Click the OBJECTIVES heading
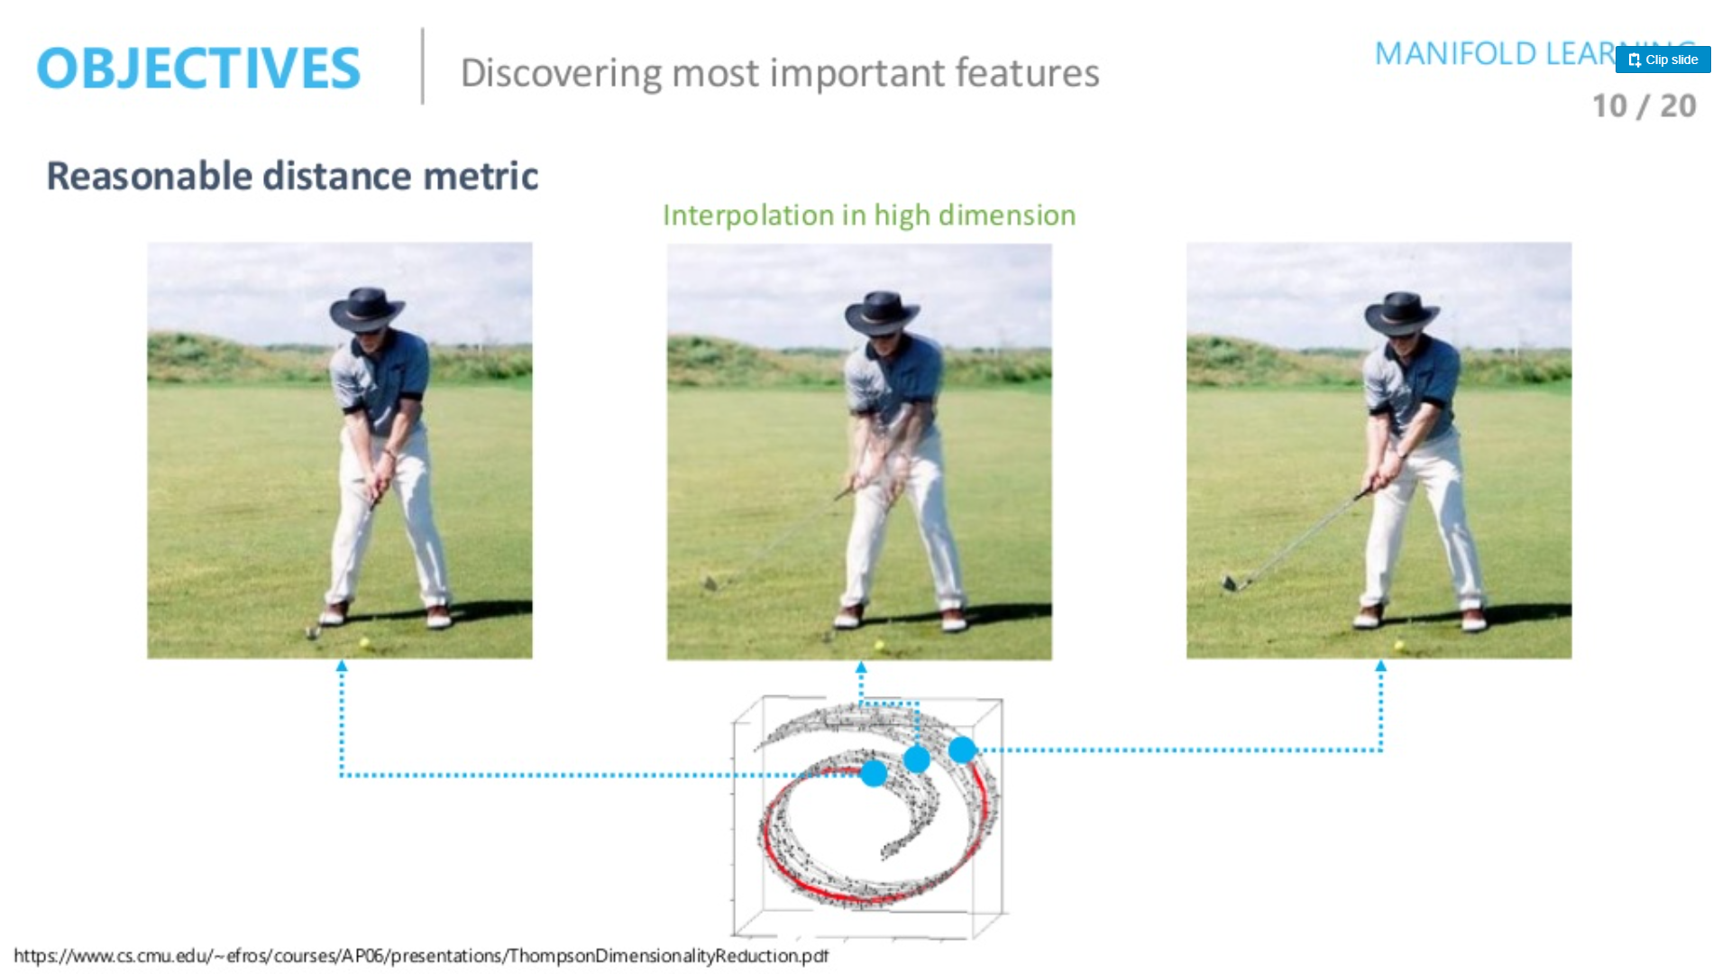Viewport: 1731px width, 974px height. [198, 69]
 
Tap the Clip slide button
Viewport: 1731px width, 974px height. [1662, 60]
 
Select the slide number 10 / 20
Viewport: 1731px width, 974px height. [1644, 106]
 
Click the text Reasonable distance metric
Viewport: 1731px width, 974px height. [292, 176]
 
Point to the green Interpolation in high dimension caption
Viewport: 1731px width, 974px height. [869, 216]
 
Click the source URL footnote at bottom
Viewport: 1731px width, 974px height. [421, 956]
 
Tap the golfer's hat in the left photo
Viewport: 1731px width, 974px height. [366, 308]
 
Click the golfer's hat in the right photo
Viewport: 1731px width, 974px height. [1401, 312]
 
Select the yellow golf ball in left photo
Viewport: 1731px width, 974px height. [365, 643]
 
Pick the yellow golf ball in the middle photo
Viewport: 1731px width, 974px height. [880, 646]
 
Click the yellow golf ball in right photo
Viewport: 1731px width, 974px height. [1399, 646]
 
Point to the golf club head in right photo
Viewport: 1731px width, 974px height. [1230, 583]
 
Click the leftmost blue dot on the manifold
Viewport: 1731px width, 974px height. [874, 773]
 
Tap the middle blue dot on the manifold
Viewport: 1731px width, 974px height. [917, 759]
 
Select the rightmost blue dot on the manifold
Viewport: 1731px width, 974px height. [962, 749]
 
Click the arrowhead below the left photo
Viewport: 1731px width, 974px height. [342, 666]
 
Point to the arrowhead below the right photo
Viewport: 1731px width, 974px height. [1380, 666]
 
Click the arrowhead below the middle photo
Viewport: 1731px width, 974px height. [861, 668]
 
